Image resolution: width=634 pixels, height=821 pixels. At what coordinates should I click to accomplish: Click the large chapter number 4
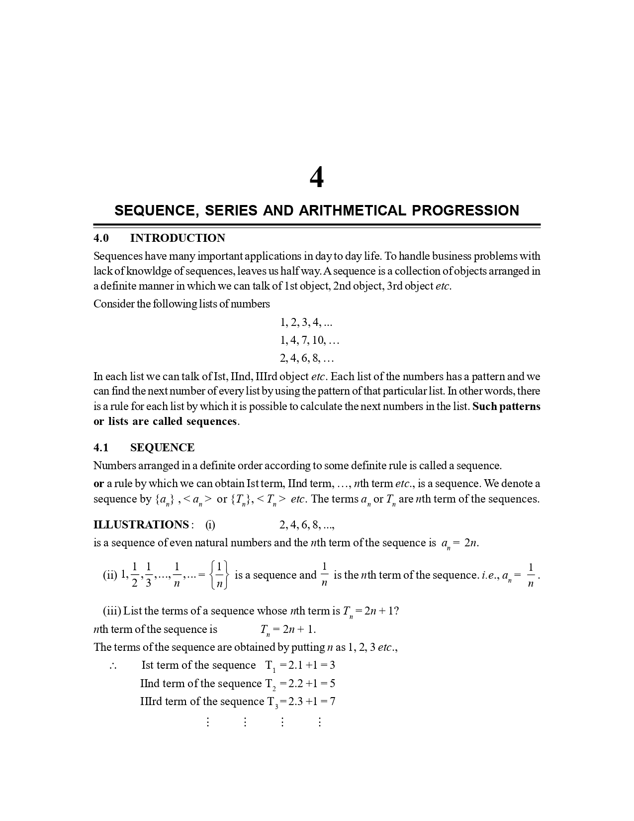pyautogui.click(x=317, y=178)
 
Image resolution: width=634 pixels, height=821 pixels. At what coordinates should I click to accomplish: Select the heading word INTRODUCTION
pyautogui.click(x=178, y=238)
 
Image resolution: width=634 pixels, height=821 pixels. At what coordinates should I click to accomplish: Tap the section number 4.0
pyautogui.click(x=101, y=238)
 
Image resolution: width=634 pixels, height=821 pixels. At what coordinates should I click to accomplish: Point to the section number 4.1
pyautogui.click(x=101, y=448)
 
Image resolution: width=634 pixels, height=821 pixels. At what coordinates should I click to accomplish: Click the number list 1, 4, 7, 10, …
pyautogui.click(x=309, y=341)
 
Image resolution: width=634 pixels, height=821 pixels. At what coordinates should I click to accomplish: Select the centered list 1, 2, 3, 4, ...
pyautogui.click(x=306, y=323)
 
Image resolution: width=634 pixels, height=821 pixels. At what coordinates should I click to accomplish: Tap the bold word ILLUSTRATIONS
pyautogui.click(x=141, y=525)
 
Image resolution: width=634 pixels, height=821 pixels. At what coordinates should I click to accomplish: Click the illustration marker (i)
pyautogui.click(x=210, y=525)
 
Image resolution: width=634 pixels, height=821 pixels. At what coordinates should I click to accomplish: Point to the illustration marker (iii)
pyautogui.click(x=112, y=611)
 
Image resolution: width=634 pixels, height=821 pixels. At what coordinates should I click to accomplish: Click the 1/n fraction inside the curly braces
pyautogui.click(x=219, y=575)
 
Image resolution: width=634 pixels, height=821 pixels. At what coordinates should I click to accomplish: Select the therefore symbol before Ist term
pyautogui.click(x=112, y=666)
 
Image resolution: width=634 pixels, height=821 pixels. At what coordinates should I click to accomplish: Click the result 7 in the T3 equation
pyautogui.click(x=332, y=702)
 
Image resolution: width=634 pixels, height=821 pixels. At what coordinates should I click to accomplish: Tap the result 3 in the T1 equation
pyautogui.click(x=332, y=665)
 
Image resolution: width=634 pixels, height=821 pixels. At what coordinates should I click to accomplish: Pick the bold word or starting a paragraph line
pyautogui.click(x=98, y=484)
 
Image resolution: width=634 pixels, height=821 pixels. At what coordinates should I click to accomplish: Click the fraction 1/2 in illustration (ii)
pyautogui.click(x=135, y=575)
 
